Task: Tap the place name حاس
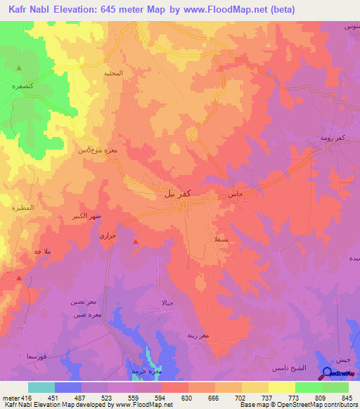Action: pyautogui.click(x=235, y=192)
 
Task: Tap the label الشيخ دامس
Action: pyautogui.click(x=269, y=368)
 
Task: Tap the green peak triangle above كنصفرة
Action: pyautogui.click(x=19, y=68)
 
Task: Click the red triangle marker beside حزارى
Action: pyautogui.click(x=135, y=243)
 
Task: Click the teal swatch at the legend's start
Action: pyautogui.click(x=41, y=387)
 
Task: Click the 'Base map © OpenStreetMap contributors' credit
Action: pyautogui.click(x=298, y=405)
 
